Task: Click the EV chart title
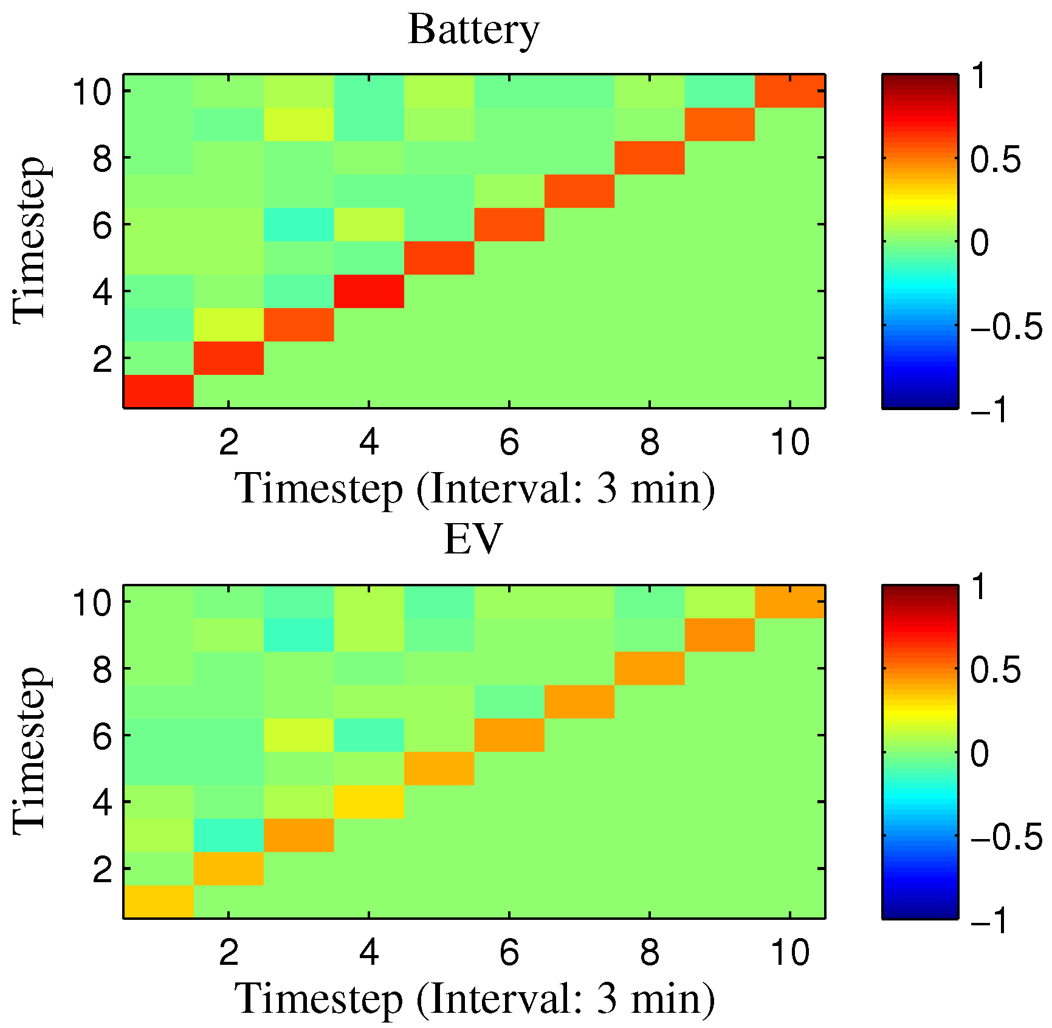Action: pyautogui.click(x=473, y=540)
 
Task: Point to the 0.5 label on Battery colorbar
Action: pyautogui.click(x=995, y=160)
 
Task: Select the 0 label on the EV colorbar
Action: pyautogui.click(x=980, y=754)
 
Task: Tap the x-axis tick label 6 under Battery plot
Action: pyautogui.click(x=509, y=442)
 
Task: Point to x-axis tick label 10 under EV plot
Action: pyautogui.click(x=789, y=952)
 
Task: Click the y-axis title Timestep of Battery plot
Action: pyautogui.click(x=29, y=241)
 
